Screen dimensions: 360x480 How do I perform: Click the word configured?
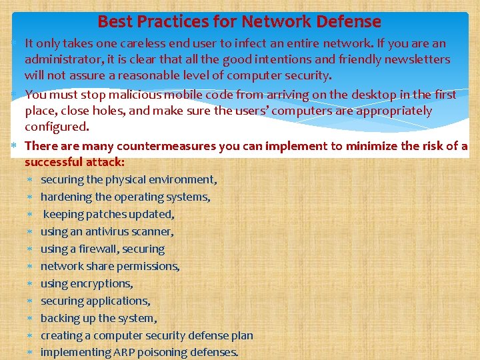(x=56, y=127)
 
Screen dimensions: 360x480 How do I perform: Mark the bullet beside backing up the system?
(x=30, y=319)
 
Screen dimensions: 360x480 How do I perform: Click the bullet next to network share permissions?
(x=30, y=267)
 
